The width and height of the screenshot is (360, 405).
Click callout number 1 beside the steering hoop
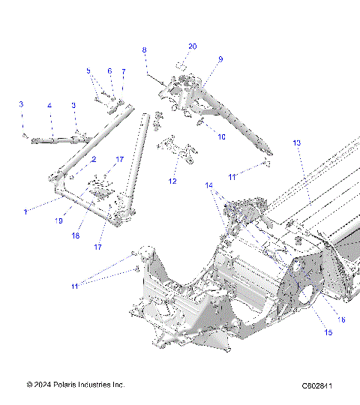pos(25,212)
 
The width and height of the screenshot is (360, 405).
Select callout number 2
pos(94,160)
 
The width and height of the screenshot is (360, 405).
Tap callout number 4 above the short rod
pos(49,106)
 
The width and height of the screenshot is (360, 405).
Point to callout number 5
pos(88,71)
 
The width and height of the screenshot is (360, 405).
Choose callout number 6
pos(109,71)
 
